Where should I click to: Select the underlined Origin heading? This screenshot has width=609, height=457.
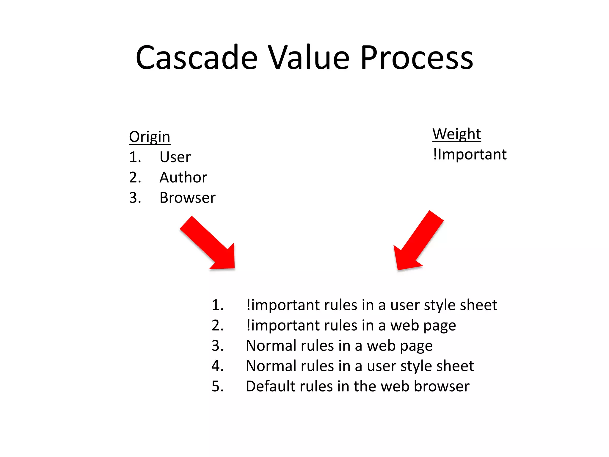click(x=150, y=137)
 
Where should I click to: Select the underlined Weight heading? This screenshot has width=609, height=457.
click(x=456, y=134)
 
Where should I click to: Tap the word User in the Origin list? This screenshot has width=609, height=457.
click(x=175, y=157)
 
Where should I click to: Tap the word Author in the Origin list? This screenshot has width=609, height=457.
click(x=183, y=177)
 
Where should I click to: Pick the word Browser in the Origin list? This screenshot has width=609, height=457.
click(x=187, y=198)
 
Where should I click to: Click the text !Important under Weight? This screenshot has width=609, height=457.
click(x=470, y=154)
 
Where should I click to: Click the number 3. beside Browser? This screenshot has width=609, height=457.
click(x=135, y=198)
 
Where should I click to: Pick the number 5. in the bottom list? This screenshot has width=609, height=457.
click(x=217, y=386)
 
